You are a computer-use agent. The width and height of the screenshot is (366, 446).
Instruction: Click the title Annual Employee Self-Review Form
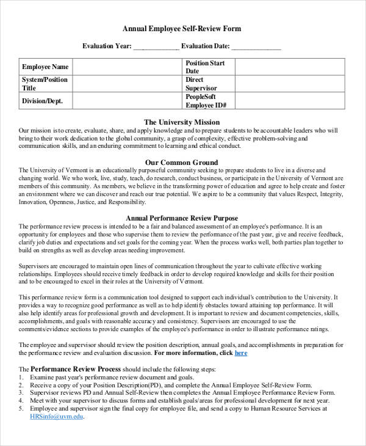[182, 29]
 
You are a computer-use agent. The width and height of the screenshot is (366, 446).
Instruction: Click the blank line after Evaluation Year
[156, 46]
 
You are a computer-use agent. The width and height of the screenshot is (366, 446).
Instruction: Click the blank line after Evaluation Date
[256, 46]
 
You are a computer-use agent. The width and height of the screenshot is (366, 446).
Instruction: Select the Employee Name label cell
[45, 67]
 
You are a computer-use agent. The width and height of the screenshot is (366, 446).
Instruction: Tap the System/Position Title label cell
[45, 84]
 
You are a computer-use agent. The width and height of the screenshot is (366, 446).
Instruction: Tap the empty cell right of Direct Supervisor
[290, 84]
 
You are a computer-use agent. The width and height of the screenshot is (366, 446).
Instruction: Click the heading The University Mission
[181, 122]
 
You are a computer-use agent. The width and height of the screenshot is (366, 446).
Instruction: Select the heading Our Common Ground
[181, 163]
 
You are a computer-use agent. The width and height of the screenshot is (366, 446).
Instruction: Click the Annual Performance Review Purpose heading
[181, 218]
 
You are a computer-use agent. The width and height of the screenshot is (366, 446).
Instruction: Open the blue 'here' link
[241, 353]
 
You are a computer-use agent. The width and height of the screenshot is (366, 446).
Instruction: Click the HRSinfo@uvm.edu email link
[57, 416]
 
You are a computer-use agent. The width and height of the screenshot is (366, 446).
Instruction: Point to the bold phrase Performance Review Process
[76, 369]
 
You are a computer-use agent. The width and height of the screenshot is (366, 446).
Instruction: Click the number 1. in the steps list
[21, 378]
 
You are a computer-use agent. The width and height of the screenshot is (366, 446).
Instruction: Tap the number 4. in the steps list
[21, 401]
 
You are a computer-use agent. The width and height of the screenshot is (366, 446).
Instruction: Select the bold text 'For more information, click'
[193, 353]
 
